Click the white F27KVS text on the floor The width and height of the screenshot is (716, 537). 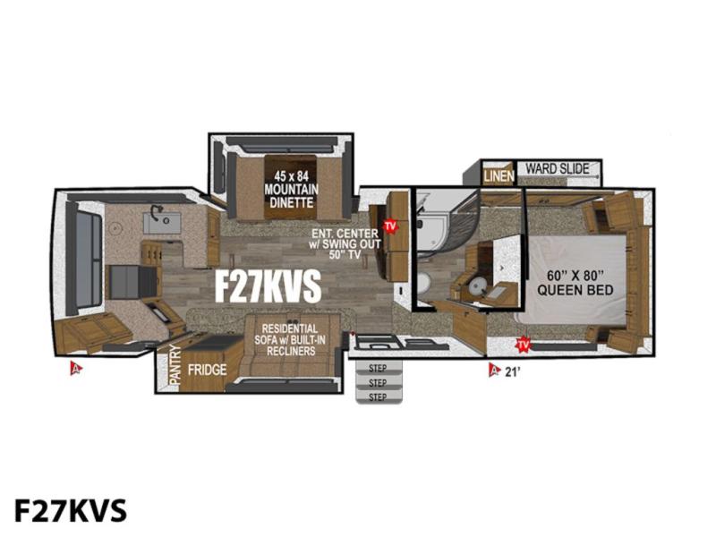click(x=268, y=286)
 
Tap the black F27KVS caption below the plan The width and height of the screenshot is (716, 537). click(x=71, y=510)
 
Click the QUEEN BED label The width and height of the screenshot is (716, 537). click(x=575, y=283)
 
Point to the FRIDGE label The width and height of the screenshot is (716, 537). click(x=208, y=370)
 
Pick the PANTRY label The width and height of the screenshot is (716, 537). click(x=175, y=364)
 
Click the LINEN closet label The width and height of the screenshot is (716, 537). click(x=499, y=175)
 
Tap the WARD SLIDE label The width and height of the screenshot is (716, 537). click(x=557, y=168)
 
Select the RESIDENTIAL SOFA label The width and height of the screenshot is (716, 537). click(x=289, y=340)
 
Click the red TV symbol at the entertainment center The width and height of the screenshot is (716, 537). click(x=389, y=226)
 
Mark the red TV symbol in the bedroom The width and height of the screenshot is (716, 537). click(x=523, y=345)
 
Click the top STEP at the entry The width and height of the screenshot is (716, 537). click(x=377, y=368)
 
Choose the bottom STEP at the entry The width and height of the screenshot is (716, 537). click(x=378, y=396)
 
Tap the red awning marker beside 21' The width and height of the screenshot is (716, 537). click(x=493, y=371)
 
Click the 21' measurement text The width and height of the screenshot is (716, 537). click(x=512, y=371)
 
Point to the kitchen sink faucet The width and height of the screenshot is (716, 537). click(x=158, y=211)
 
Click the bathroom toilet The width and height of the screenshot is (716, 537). click(x=423, y=286)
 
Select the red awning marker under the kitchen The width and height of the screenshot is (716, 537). click(x=76, y=368)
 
